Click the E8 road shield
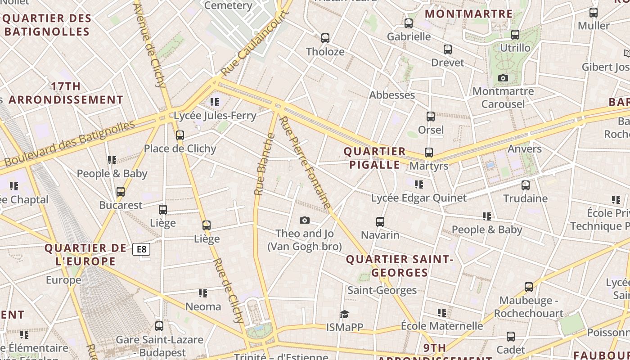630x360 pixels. [141, 249]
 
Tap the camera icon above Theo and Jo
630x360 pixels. [305, 220]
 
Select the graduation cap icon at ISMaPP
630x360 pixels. [344, 314]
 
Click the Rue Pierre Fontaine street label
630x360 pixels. [305, 162]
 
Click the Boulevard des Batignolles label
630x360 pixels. [70, 143]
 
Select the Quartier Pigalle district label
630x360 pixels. [375, 158]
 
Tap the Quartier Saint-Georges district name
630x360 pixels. [400, 266]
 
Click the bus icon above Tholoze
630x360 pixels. [325, 38]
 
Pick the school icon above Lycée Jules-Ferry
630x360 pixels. [215, 102]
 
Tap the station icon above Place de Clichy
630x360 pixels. [180, 135]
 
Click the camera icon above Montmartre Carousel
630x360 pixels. [503, 78]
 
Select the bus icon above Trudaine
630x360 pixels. [525, 185]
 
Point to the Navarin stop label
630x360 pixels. [380, 235]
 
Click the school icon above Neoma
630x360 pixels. [203, 293]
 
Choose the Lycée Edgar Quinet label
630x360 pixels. [418, 198]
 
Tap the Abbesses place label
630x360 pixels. [392, 95]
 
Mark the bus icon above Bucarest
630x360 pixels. [121, 192]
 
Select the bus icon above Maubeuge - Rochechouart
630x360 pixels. [529, 287]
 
